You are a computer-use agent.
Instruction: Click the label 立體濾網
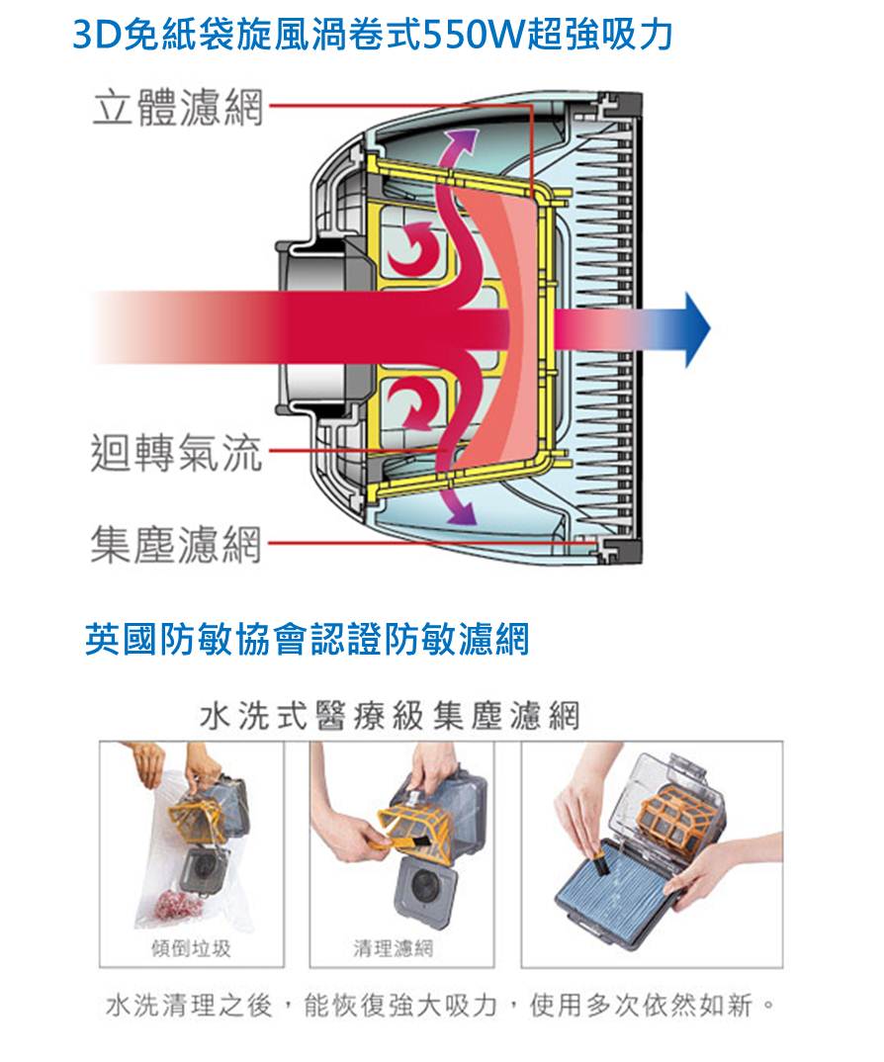point(177,107)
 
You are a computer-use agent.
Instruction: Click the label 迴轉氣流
point(176,452)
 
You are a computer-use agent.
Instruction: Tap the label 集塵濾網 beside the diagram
point(176,544)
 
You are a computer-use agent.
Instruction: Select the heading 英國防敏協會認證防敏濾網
point(307,639)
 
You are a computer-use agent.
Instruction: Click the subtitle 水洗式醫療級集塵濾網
point(391,715)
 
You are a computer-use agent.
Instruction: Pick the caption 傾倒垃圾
point(191,948)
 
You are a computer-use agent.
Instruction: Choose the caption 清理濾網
point(394,948)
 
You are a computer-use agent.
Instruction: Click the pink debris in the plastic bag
point(178,904)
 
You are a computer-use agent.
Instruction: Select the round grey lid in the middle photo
point(426,884)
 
